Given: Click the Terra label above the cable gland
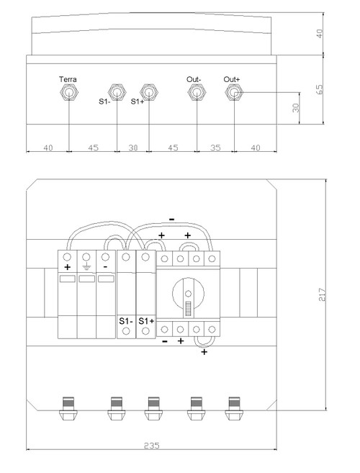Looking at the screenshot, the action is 68,79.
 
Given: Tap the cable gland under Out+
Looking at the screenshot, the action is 235,92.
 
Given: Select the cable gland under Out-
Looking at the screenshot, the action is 197,92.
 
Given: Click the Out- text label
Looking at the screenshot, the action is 194,79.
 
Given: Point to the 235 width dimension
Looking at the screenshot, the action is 151,446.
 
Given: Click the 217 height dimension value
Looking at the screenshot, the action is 322,294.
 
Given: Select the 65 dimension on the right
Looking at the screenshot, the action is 320,89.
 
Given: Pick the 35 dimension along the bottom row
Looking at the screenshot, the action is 215,148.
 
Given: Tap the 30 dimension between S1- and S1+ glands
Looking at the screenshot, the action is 133,148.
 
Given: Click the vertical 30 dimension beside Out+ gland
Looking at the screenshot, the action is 296,108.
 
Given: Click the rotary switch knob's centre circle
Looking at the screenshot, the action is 189,294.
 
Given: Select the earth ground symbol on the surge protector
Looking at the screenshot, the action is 86,266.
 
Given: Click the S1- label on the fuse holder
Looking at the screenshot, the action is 125,321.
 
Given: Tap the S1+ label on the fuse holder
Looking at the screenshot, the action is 146,321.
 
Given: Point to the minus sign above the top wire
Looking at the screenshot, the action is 171,220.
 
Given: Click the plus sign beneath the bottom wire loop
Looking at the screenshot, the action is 204,352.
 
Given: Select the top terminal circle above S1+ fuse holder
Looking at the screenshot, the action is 145,257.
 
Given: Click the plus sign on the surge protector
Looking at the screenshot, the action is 67,267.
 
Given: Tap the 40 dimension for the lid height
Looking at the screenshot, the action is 320,34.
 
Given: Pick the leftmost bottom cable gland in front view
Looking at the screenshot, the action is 68,408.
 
